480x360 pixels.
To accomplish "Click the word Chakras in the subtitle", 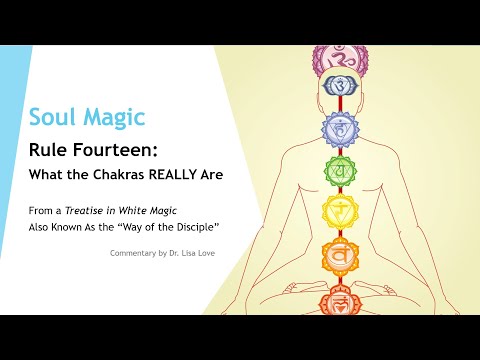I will point(130,174).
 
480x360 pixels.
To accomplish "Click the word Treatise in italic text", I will point(94,210).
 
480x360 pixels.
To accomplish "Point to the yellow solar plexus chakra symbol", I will point(339,212).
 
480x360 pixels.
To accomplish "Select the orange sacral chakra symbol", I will point(339,256).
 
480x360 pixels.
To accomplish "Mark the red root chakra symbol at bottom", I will point(339,298).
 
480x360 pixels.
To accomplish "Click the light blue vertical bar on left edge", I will point(15,150).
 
